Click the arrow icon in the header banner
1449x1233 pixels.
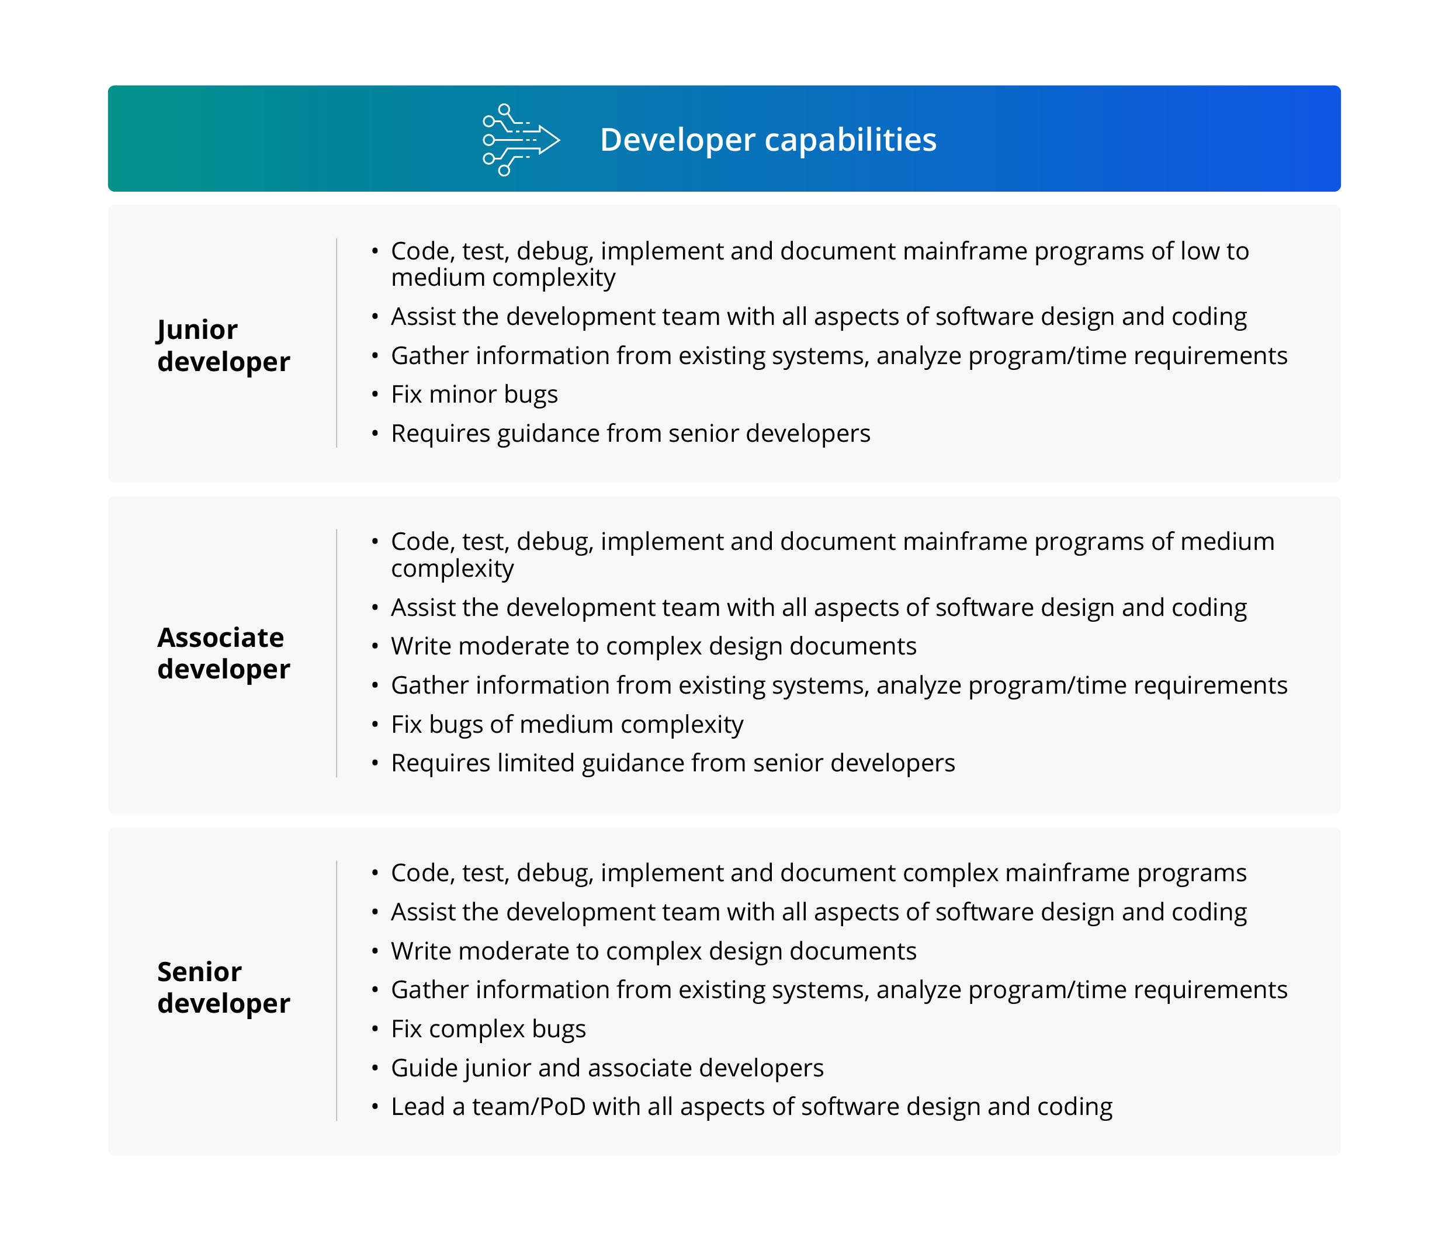tap(520, 140)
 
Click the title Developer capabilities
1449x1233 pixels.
tap(768, 140)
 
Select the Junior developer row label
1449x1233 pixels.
tap(223, 345)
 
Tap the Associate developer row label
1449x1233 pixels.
tap(223, 653)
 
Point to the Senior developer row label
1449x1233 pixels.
tap(223, 987)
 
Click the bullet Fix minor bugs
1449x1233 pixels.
tap(474, 394)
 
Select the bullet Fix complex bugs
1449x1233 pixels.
tap(488, 1029)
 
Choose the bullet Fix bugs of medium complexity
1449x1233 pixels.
tap(566, 724)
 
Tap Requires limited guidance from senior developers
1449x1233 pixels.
tap(672, 763)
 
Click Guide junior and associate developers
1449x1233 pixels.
tap(606, 1068)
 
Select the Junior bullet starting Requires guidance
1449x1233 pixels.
tap(630, 434)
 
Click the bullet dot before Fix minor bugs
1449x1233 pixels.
tap(375, 394)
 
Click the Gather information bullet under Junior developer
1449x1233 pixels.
tap(839, 356)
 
